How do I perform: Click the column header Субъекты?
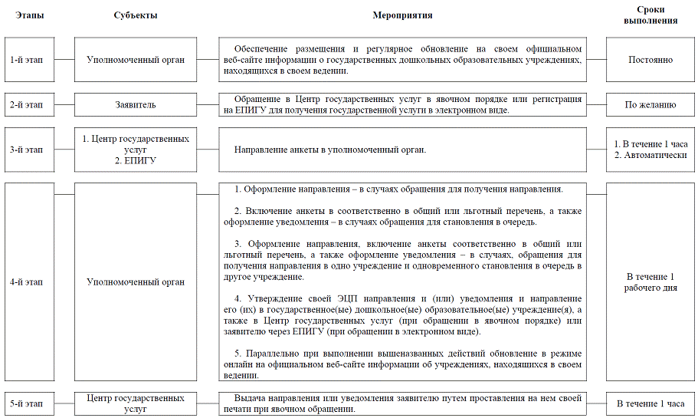coord(135,15)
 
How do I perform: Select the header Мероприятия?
coord(402,15)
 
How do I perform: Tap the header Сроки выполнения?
coord(650,15)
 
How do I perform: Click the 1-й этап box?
coord(27,60)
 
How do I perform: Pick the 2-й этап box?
coord(27,104)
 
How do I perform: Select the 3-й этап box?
coord(27,150)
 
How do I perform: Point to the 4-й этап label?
coord(27,282)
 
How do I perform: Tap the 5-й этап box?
coord(27,403)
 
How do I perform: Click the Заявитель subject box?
coord(135,104)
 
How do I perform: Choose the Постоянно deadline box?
coord(650,60)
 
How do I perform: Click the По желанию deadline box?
coord(650,104)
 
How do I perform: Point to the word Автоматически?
coord(656,156)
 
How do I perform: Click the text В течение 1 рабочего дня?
coord(650,282)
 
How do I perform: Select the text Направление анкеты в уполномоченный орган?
coord(330,150)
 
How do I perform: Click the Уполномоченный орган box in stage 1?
coord(135,60)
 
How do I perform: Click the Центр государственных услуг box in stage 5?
coord(135,403)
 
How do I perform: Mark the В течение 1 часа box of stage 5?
coord(650,403)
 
